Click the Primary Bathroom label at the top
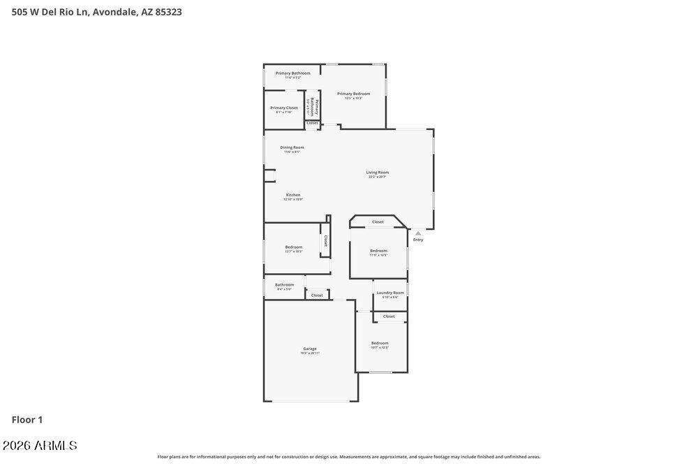(x=292, y=73)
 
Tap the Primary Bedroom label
(x=353, y=94)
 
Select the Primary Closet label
(x=284, y=108)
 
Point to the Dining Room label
(x=292, y=147)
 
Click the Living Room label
(x=378, y=173)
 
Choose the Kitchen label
(x=293, y=195)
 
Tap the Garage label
(x=310, y=349)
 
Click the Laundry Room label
(x=390, y=293)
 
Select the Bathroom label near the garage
(x=284, y=285)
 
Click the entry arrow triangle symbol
(x=418, y=233)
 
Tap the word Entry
(x=418, y=240)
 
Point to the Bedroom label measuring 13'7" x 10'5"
(x=294, y=247)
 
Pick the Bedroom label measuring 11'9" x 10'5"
(x=378, y=251)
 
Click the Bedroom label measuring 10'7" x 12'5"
(x=380, y=343)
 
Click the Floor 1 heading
(x=27, y=420)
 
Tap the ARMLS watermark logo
(x=40, y=446)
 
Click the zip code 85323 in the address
(x=168, y=12)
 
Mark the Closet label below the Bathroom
(x=317, y=296)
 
